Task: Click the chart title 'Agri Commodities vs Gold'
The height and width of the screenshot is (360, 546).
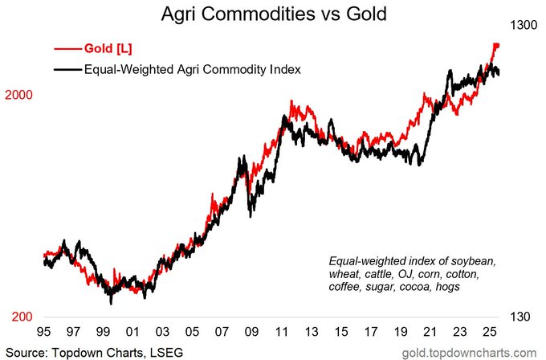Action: pyautogui.click(x=274, y=14)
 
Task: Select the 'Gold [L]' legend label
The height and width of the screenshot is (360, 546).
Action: pyautogui.click(x=108, y=48)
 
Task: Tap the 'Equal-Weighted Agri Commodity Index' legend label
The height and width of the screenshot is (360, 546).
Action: pyautogui.click(x=193, y=69)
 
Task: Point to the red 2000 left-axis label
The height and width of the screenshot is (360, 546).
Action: pyautogui.click(x=18, y=95)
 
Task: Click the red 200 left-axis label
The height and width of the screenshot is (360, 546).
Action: pyautogui.click(x=22, y=317)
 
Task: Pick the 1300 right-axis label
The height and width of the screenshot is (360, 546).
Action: pyautogui.click(x=524, y=26)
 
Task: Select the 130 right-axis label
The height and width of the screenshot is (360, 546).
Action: pyautogui.click(x=520, y=317)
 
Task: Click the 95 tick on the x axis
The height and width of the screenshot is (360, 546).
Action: pyautogui.click(x=43, y=331)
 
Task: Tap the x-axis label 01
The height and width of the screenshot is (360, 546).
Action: pyautogui.click(x=132, y=331)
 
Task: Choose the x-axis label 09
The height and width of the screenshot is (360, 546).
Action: pyautogui.click(x=251, y=331)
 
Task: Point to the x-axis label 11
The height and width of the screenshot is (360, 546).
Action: pyautogui.click(x=281, y=331)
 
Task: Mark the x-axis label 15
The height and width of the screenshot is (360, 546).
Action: pyautogui.click(x=341, y=331)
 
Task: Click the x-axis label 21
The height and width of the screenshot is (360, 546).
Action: pyautogui.click(x=430, y=331)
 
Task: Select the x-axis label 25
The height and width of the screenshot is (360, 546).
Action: pyautogui.click(x=490, y=331)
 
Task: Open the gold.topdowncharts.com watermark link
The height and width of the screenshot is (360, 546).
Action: pyautogui.click(x=469, y=353)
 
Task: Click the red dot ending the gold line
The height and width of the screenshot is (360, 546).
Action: pyautogui.click(x=497, y=45)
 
